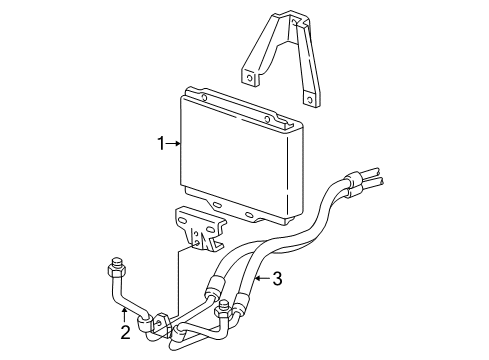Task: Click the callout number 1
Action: [x=159, y=144]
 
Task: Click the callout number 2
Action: [x=125, y=333]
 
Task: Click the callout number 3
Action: [x=277, y=279]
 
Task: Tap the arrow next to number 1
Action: [x=173, y=144]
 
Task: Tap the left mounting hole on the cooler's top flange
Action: [x=204, y=97]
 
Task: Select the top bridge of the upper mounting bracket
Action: [x=284, y=20]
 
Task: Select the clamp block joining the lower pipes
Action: [x=160, y=322]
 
